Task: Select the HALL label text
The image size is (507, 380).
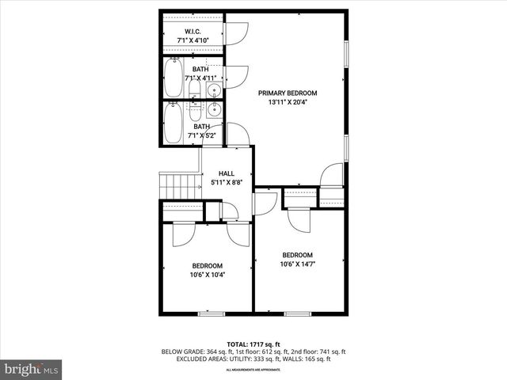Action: click(227, 173)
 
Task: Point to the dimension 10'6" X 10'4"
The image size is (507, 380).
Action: click(207, 275)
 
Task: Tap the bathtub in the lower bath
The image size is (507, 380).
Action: click(173, 123)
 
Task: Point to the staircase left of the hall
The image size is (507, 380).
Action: click(179, 187)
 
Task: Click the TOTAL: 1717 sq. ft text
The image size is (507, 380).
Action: click(253, 344)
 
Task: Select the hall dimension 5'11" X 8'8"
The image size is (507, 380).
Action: click(227, 183)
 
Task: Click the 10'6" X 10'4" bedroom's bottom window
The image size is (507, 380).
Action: click(212, 314)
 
